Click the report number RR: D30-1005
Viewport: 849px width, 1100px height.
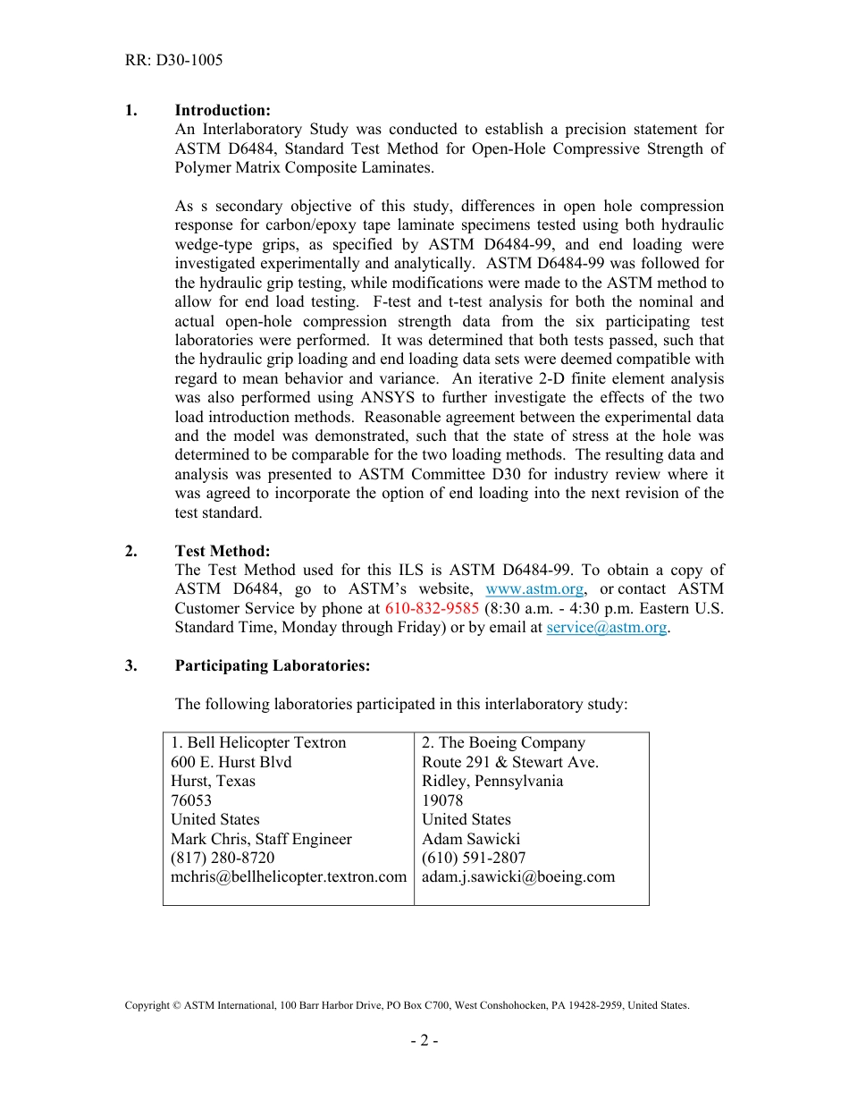pyautogui.click(x=173, y=61)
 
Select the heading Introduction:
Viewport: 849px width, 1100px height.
pyautogui.click(x=223, y=110)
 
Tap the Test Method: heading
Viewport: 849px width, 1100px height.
pyautogui.click(x=223, y=551)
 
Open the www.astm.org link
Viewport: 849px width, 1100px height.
pyautogui.click(x=534, y=589)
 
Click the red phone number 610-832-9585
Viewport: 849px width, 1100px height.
pyautogui.click(x=432, y=608)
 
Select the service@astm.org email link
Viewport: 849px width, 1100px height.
pyautogui.click(x=606, y=628)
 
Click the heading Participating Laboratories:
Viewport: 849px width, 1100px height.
pyautogui.click(x=272, y=665)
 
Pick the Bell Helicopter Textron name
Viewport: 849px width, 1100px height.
pyautogui.click(x=258, y=743)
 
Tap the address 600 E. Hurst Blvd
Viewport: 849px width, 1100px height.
pyautogui.click(x=231, y=762)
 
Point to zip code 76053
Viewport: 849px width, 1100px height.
pyautogui.click(x=191, y=800)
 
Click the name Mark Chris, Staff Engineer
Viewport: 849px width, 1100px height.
pyautogui.click(x=261, y=839)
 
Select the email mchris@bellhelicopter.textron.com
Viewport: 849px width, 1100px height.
pyautogui.click(x=289, y=877)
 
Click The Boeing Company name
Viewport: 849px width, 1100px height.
pyautogui.click(x=503, y=743)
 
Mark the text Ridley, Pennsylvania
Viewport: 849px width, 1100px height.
pyautogui.click(x=492, y=782)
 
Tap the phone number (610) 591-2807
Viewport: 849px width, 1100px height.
pyautogui.click(x=474, y=859)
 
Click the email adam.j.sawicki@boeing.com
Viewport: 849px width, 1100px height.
pyautogui.click(x=518, y=877)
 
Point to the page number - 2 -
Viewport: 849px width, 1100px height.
pyautogui.click(x=424, y=1041)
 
